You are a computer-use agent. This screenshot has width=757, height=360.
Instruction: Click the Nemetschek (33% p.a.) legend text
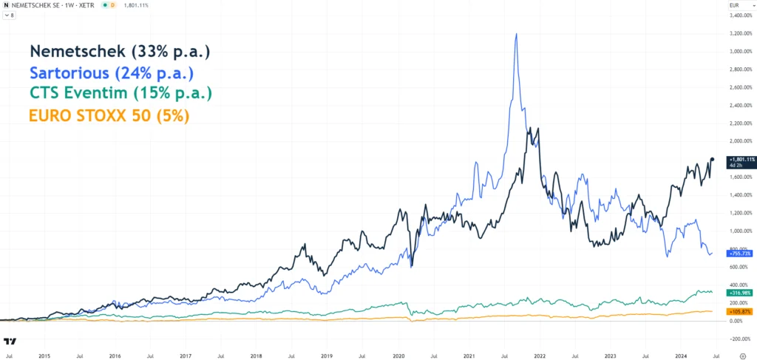[120, 52]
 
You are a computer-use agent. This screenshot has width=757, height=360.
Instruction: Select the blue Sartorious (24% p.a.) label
[112, 73]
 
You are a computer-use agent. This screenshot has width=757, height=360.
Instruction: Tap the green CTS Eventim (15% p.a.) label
[120, 94]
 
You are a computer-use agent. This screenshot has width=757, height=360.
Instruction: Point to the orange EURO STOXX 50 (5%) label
[109, 115]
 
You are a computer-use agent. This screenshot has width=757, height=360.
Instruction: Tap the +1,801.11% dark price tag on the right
[741, 159]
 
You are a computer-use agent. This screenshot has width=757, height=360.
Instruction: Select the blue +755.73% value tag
[739, 253]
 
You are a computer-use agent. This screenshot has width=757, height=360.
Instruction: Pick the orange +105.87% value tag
[739, 311]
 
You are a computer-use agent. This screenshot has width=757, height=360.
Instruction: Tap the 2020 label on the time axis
[398, 355]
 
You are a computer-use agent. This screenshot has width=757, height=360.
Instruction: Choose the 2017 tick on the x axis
[185, 355]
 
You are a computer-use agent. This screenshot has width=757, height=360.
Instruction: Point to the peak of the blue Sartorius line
[515, 34]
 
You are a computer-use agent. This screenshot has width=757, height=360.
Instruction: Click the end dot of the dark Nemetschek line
[712, 159]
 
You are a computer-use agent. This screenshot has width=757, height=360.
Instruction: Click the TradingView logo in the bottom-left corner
[10, 342]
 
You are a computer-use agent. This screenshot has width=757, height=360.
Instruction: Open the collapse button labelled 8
[10, 15]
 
